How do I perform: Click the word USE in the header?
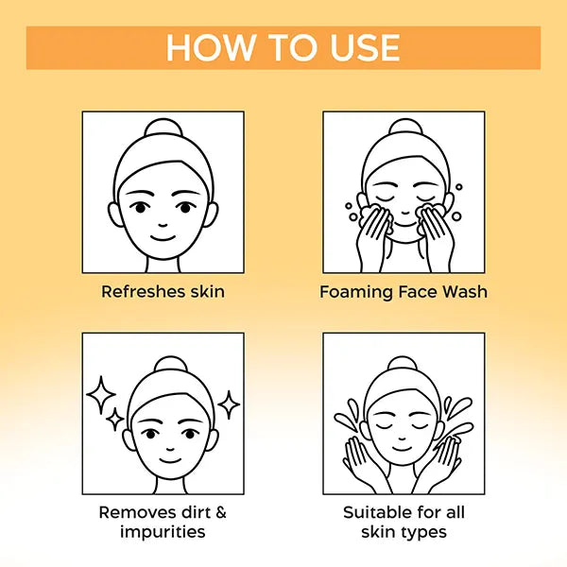(x=365, y=48)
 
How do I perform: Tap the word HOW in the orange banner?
(x=210, y=48)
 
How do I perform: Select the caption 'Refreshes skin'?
(x=163, y=291)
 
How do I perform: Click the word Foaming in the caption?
(x=356, y=292)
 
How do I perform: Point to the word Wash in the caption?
(x=465, y=291)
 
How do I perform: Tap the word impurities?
(x=163, y=532)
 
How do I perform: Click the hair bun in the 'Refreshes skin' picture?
(x=163, y=128)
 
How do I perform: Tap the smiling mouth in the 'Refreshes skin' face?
(x=163, y=238)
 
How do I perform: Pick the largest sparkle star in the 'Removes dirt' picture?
(x=101, y=395)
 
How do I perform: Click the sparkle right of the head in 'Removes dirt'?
(x=229, y=404)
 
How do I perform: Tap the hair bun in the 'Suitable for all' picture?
(x=403, y=364)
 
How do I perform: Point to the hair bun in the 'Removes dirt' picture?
(x=171, y=365)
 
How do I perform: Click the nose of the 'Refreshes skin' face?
(x=163, y=225)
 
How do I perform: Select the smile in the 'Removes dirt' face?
(x=171, y=461)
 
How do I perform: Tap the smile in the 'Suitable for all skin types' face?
(x=402, y=448)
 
